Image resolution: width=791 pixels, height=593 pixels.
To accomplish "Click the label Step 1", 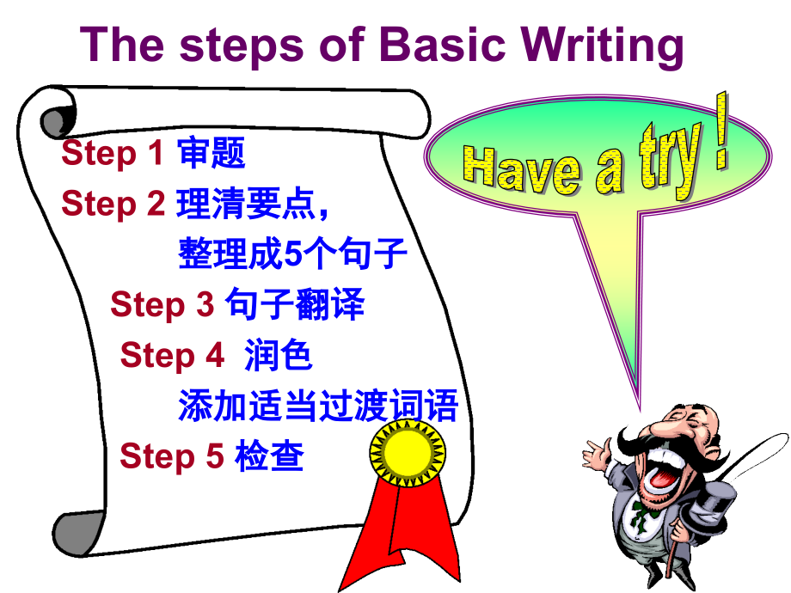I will pos(112,154).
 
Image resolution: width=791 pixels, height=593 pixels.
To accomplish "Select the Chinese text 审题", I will pos(212,154).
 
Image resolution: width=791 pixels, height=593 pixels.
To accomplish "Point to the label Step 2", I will pos(112,204).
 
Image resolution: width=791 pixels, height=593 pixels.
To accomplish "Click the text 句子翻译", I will pos(295,304).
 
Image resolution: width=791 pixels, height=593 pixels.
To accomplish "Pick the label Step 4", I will pos(172,355).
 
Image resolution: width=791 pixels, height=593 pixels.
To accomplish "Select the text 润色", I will pos(279,355).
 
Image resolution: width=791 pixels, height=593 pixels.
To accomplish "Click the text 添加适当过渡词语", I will pos(318,406).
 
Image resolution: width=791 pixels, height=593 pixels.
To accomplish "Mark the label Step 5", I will pos(171,455).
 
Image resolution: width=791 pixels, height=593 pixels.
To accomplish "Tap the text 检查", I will pos(269,455).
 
